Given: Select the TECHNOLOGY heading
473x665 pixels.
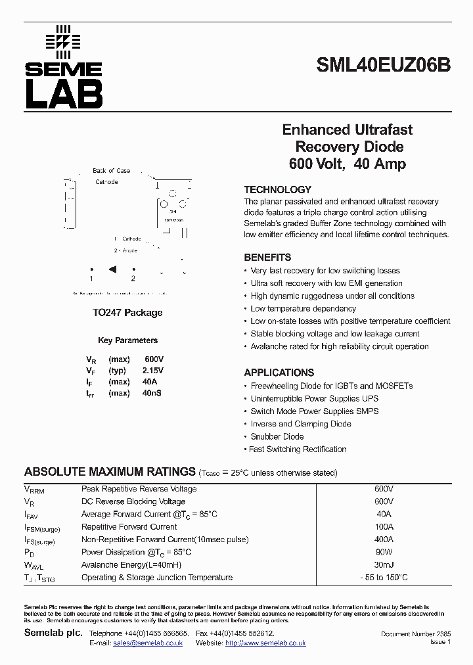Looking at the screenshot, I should (x=277, y=189).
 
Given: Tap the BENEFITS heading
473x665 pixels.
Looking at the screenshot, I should (x=267, y=258).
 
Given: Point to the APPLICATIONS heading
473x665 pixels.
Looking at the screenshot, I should (x=279, y=373).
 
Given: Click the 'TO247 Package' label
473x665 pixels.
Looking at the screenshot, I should (x=127, y=313).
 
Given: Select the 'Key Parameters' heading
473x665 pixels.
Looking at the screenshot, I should (x=127, y=340).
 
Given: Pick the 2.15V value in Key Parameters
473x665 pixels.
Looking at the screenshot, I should (x=154, y=371).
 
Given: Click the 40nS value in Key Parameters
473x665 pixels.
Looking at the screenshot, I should (x=151, y=393).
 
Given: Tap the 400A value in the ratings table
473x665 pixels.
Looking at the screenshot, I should (x=384, y=539).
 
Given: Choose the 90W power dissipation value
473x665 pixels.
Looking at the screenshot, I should (x=384, y=552).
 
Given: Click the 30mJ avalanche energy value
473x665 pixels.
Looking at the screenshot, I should (x=384, y=565).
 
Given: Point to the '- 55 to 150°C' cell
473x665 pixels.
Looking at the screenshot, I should (x=384, y=578).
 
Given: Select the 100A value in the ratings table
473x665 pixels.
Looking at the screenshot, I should (x=384, y=527).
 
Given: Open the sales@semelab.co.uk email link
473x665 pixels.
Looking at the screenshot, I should (x=147, y=643).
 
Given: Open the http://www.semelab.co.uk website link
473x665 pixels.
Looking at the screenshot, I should (x=265, y=643).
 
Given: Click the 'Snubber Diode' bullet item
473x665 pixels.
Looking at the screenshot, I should (x=277, y=436).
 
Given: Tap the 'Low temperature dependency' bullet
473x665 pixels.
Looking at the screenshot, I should (x=303, y=309).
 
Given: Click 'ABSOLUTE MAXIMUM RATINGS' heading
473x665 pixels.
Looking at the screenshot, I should (x=110, y=472).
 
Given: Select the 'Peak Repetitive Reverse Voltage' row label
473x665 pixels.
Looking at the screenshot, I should (x=139, y=489).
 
